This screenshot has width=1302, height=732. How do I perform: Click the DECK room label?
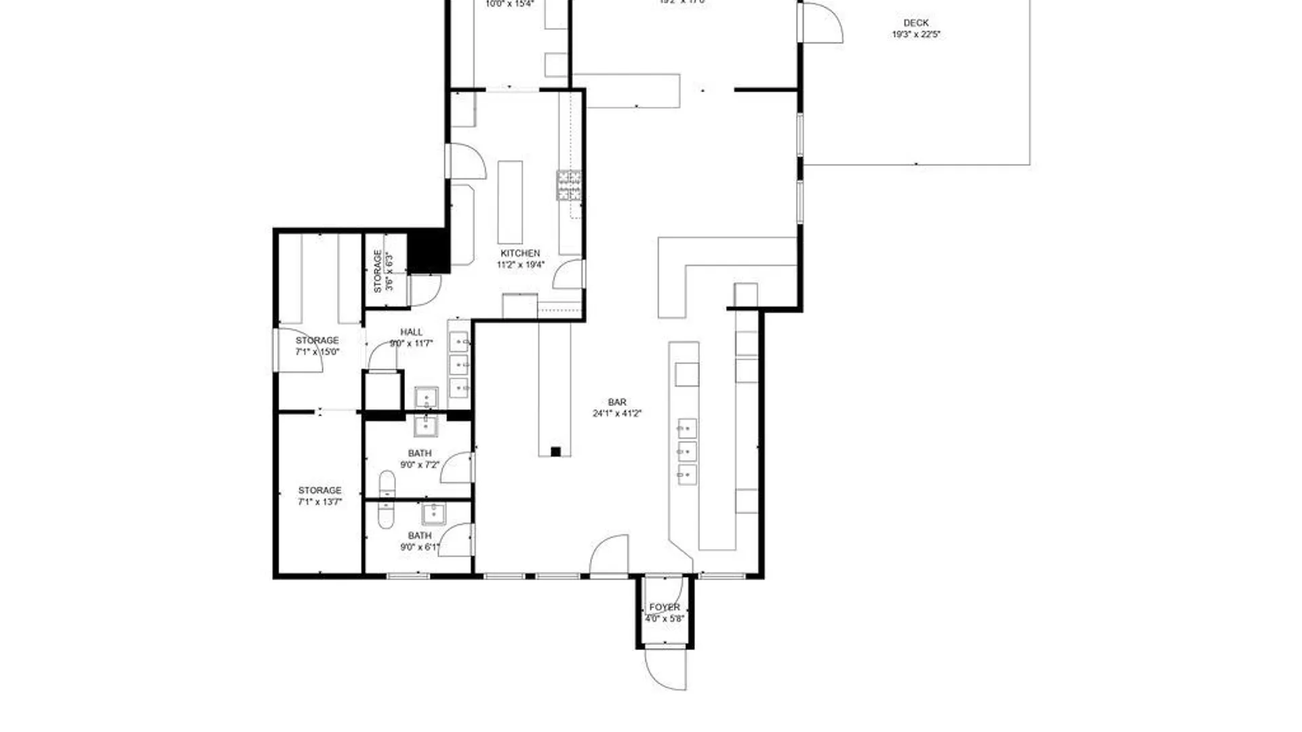[915, 23]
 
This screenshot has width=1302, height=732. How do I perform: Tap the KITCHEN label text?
[520, 253]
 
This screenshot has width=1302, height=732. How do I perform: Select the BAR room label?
[617, 402]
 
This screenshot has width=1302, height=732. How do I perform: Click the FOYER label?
[664, 607]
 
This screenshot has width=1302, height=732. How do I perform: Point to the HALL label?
[411, 332]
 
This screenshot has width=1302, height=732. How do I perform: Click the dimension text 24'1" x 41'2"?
[616, 413]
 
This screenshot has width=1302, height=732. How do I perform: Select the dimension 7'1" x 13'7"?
[319, 502]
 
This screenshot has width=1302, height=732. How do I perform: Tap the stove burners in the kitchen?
[569, 185]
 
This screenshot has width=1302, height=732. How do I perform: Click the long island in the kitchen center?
[510, 202]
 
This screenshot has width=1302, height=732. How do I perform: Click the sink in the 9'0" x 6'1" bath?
[433, 514]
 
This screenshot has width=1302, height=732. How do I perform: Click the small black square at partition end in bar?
[555, 452]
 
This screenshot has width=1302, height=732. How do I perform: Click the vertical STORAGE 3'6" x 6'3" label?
[382, 271]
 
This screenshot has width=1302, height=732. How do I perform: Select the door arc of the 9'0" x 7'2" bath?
[457, 468]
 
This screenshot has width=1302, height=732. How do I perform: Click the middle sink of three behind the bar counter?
[687, 451]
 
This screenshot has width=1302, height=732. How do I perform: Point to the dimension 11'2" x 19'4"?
[520, 265]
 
